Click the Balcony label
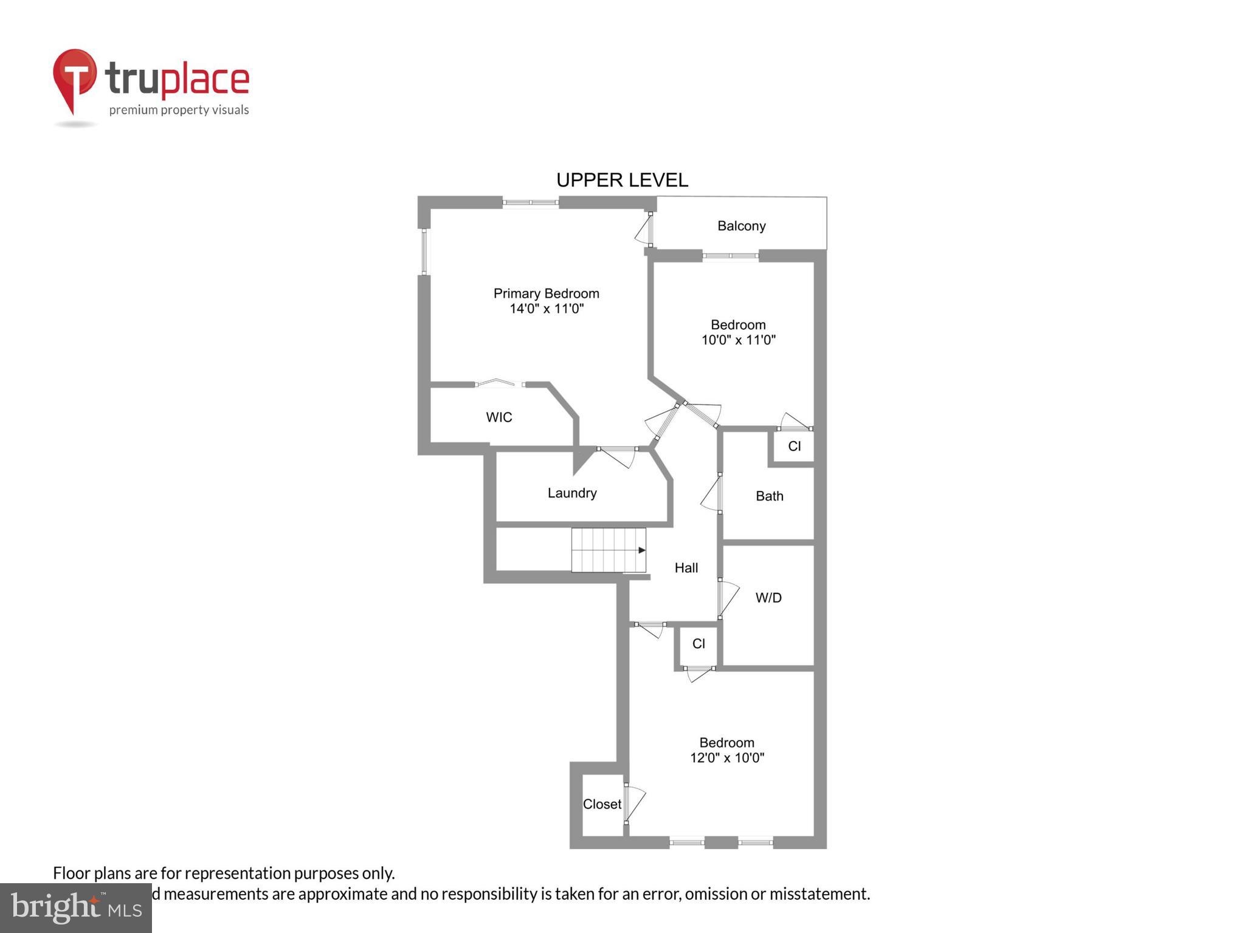pos(741,226)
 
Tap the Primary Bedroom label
pos(546,293)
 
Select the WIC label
pos(498,417)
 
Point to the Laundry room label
pos(571,493)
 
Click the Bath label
pos(769,496)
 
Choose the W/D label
pos(768,598)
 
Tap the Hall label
pos(686,568)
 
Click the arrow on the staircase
pos(641,550)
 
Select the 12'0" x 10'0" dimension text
pos(727,758)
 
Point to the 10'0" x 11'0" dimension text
pos(739,340)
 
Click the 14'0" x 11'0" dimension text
pos(546,309)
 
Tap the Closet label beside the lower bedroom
pos(602,804)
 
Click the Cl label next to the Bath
pos(794,446)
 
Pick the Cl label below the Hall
pos(698,644)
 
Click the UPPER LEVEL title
pos(622,180)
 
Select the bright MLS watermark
pos(76,907)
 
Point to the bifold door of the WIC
pos(500,383)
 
